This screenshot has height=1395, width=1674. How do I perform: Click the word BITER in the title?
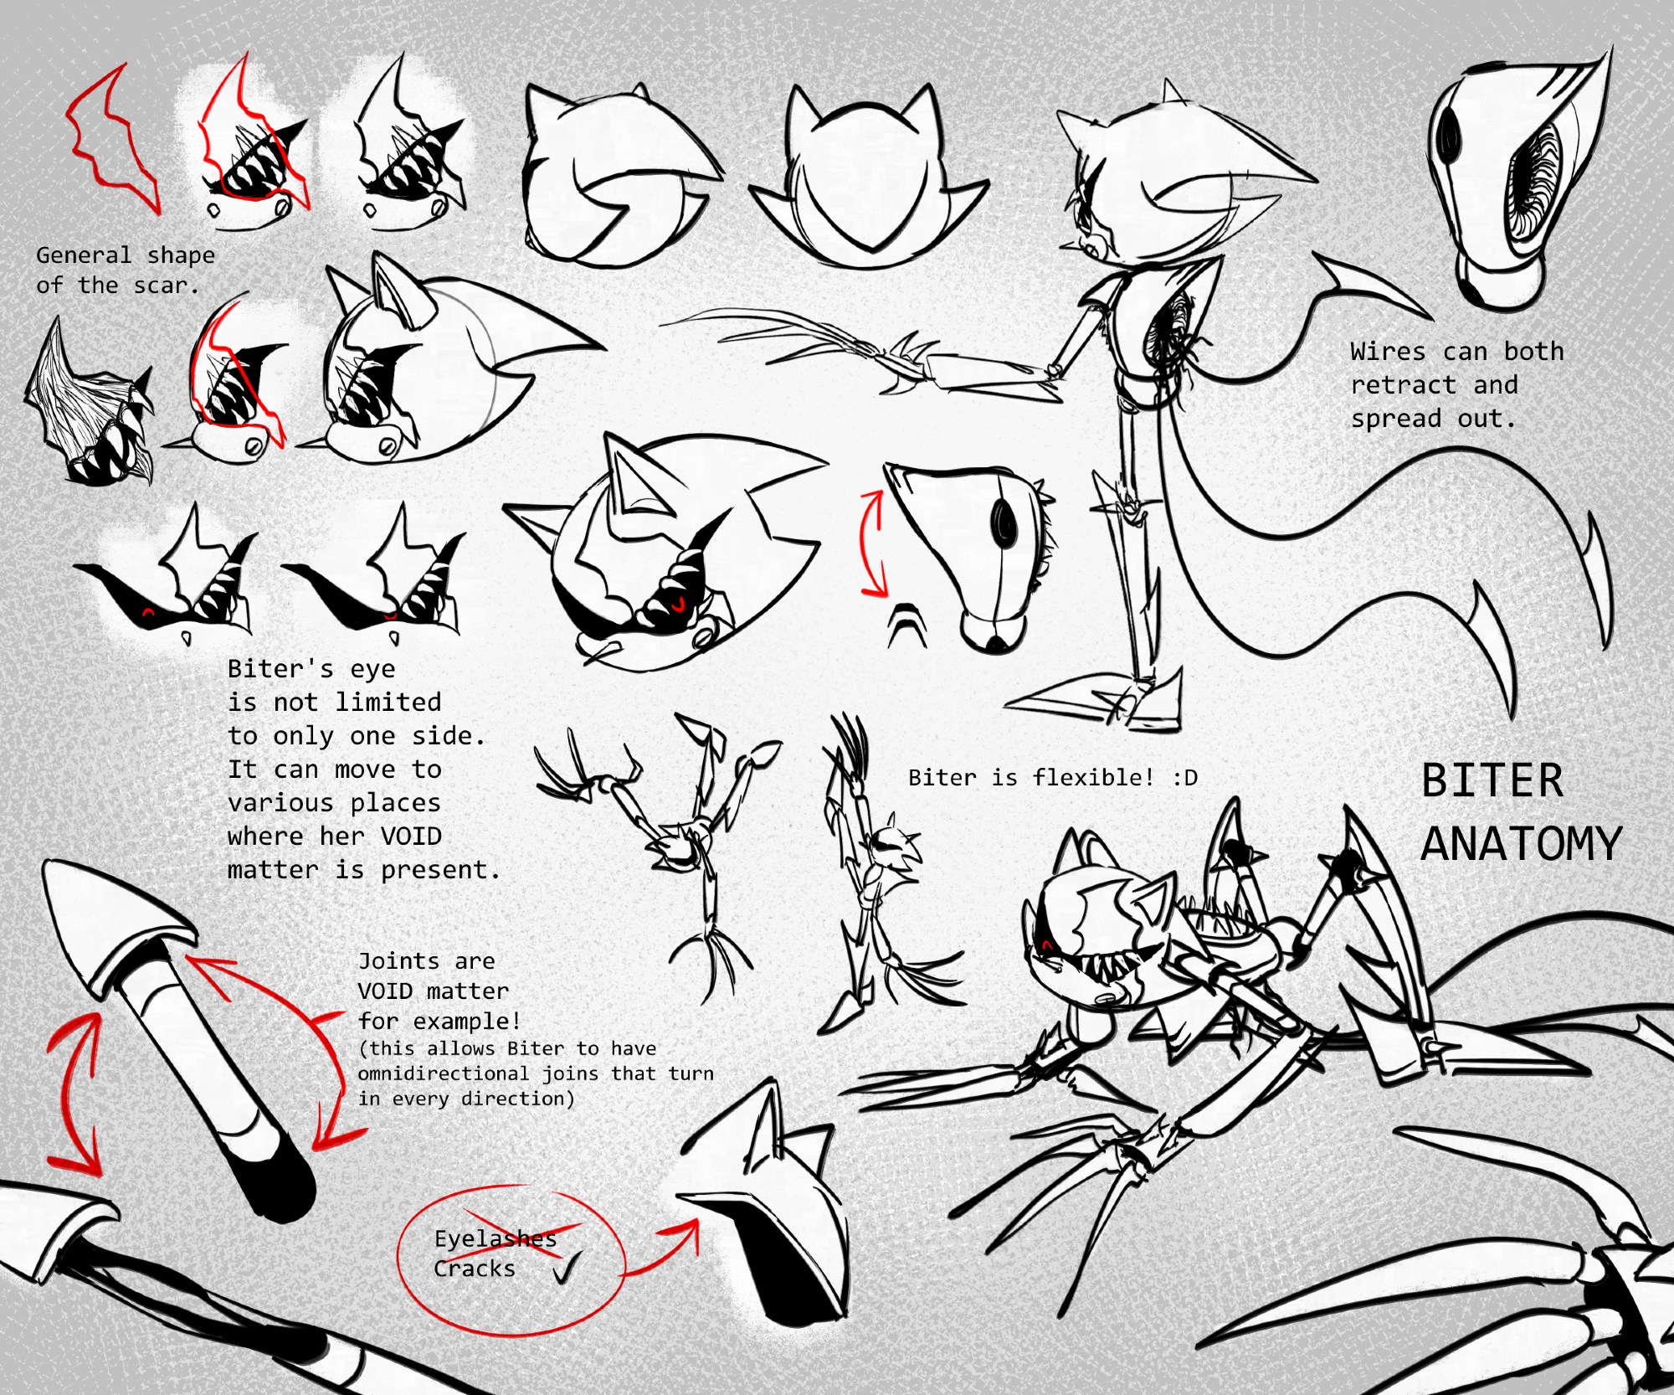(1492, 780)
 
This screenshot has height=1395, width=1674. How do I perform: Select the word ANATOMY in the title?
(1522, 843)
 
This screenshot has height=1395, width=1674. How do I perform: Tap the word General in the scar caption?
(84, 255)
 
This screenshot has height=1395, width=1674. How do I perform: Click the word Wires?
(1387, 351)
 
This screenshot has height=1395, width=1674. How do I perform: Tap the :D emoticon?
(1185, 778)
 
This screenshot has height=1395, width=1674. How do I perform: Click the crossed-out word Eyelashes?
(496, 1238)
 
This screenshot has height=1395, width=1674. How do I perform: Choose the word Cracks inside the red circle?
(474, 1269)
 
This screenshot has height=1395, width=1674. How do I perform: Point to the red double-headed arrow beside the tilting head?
(874, 544)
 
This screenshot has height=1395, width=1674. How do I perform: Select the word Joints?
(398, 961)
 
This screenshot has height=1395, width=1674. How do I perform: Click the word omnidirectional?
(443, 1073)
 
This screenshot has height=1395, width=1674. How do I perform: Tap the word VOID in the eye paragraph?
(411, 836)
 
